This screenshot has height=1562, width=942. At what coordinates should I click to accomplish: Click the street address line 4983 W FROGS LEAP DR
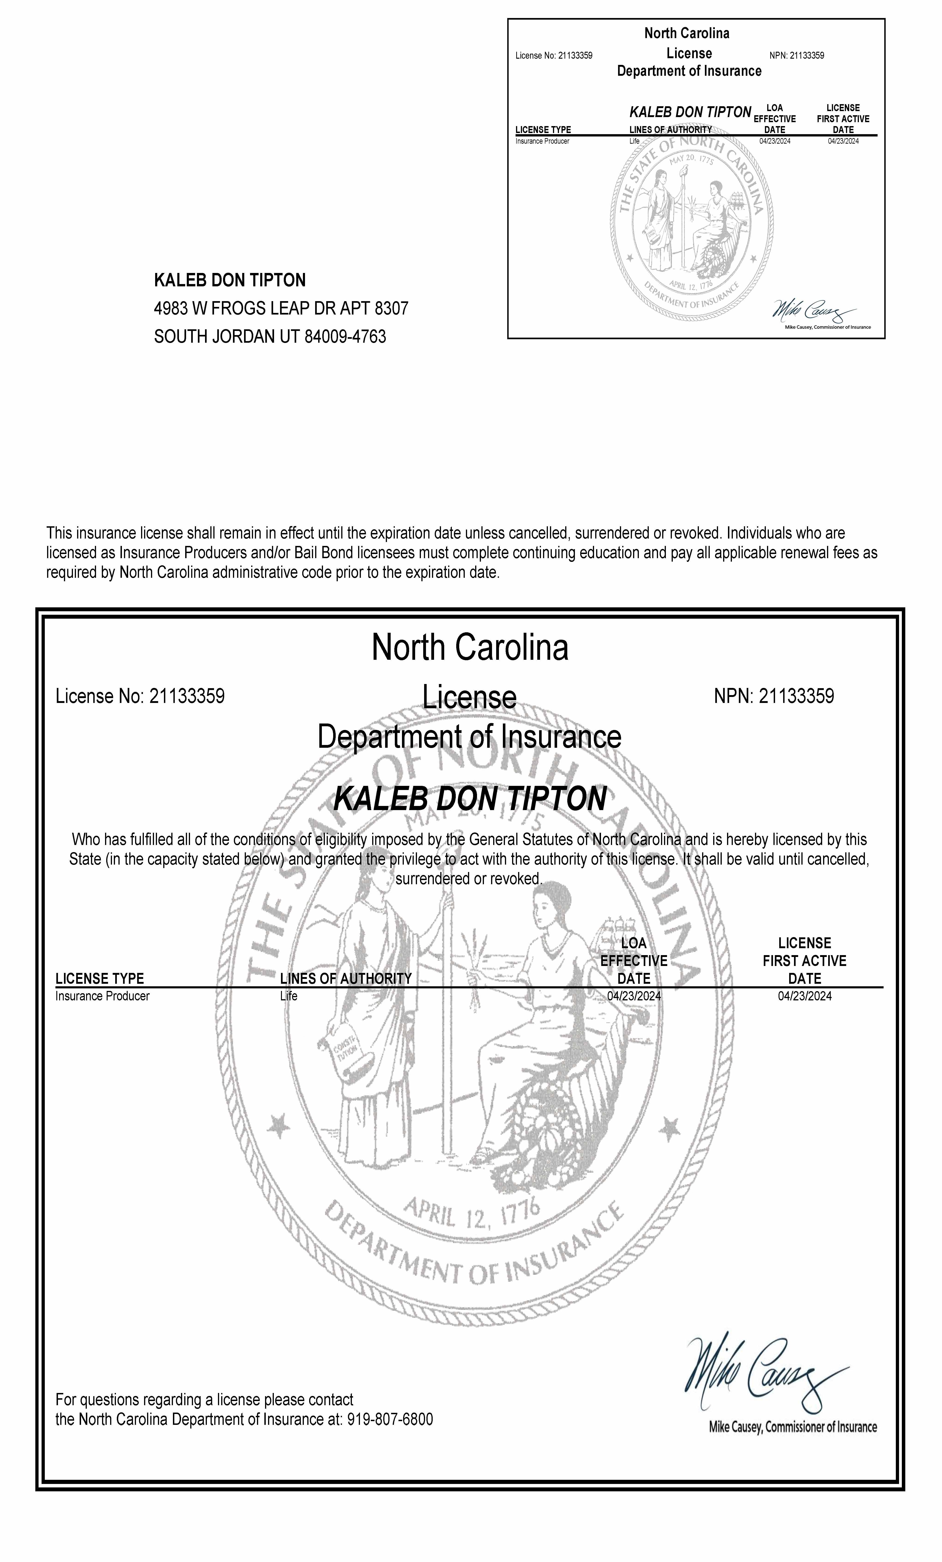pyautogui.click(x=281, y=309)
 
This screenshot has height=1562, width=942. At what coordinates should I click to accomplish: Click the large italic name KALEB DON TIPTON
pyautogui.click(x=470, y=799)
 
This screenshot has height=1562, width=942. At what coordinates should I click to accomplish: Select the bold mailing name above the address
pyautogui.click(x=229, y=280)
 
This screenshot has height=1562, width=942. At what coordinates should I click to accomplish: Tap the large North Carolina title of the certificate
pyautogui.click(x=470, y=647)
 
